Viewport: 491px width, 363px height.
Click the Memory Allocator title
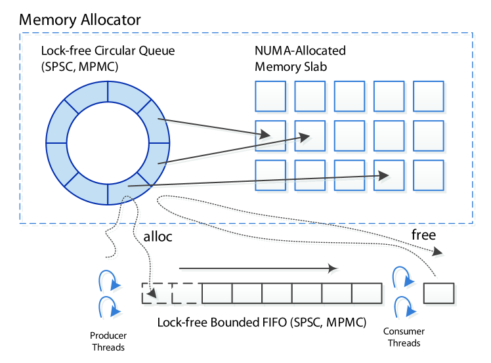[x=79, y=20]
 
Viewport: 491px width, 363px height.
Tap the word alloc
[x=157, y=237]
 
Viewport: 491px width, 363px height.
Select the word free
[x=423, y=234]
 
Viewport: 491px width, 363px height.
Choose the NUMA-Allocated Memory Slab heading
[x=299, y=58]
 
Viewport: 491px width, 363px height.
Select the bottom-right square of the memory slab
[x=429, y=176]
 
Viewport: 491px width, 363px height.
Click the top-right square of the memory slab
[x=429, y=96]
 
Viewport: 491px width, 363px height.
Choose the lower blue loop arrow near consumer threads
[x=401, y=305]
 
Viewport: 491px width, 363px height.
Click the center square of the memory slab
[x=349, y=136]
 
